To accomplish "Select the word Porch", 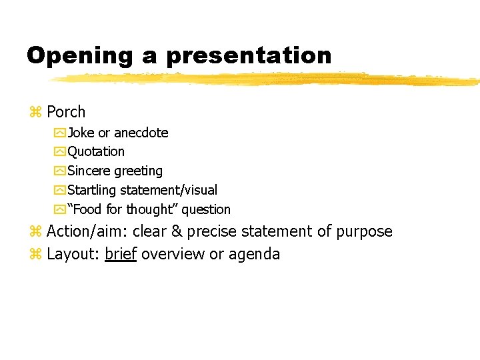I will tap(66, 112).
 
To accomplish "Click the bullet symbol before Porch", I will tap(35, 112).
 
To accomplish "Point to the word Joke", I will tap(81, 133).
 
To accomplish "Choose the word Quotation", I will tap(96, 152).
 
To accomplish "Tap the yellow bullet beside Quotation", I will tap(59, 152).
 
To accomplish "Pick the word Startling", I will tap(92, 191).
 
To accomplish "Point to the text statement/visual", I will tap(169, 191).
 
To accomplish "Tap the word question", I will tap(206, 210).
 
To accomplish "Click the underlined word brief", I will tap(121, 254).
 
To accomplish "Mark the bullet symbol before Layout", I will tap(35, 255).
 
